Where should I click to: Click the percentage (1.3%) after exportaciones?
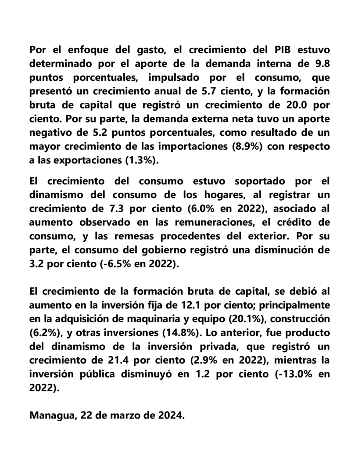coord(139,160)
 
